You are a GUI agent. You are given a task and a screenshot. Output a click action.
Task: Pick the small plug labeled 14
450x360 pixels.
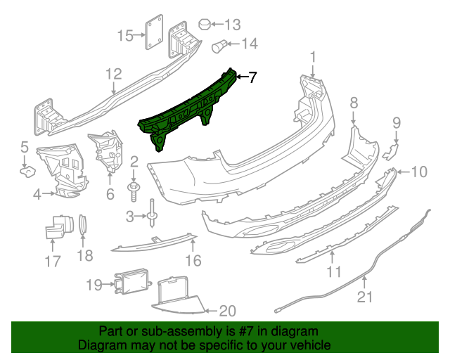click(x=220, y=46)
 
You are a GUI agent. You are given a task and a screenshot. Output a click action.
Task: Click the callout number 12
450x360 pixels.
click(x=114, y=74)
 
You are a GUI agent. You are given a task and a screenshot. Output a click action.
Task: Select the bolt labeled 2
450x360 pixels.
click(x=133, y=188)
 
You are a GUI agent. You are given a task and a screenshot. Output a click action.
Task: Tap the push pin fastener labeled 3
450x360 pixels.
click(x=153, y=214)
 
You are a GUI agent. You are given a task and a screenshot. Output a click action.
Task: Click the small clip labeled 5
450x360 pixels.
click(x=27, y=170)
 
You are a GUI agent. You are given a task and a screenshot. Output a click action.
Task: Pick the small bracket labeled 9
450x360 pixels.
click(x=392, y=149)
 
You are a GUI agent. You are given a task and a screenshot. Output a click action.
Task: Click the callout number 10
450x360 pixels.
click(x=418, y=171)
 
